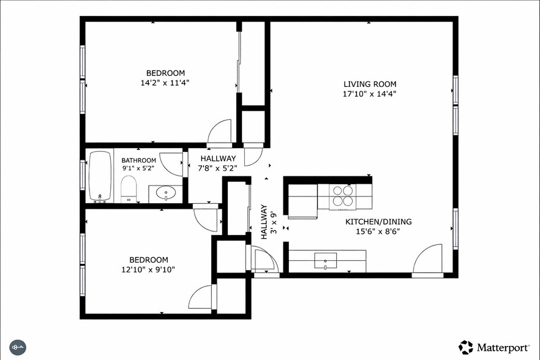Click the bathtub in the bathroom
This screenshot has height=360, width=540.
point(100,176)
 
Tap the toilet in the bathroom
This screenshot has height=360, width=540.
point(129,188)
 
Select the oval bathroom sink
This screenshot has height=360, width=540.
point(165,194)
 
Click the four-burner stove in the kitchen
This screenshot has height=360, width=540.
point(342,195)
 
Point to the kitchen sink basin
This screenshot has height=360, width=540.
point(325,261)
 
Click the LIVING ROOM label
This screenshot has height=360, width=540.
point(369,84)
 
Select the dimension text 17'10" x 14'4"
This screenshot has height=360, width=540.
point(369,94)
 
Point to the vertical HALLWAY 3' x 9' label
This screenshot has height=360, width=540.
point(269,222)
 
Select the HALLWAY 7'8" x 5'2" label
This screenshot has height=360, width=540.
point(218,163)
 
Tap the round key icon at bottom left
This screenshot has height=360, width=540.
point(17,347)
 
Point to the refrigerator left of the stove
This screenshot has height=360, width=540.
point(302,200)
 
